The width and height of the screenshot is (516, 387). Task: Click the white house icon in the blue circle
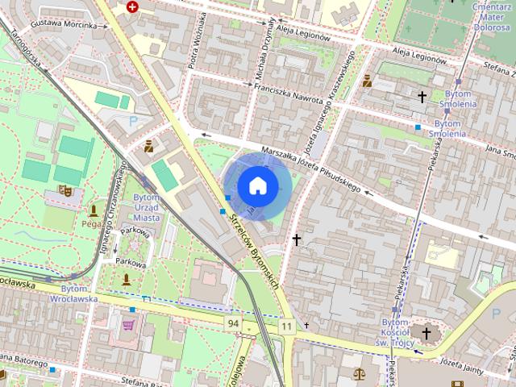point(257,185)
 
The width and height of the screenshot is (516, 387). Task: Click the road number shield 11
point(287,325)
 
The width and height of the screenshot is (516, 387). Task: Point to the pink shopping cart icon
point(127,326)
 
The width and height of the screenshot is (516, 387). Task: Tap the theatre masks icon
point(64,190)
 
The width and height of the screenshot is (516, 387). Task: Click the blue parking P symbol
point(133,121)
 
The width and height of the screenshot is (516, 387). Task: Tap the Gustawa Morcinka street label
point(69,24)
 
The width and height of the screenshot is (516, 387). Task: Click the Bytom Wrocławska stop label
point(79,293)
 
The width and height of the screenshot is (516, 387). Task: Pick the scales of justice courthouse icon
point(358,373)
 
